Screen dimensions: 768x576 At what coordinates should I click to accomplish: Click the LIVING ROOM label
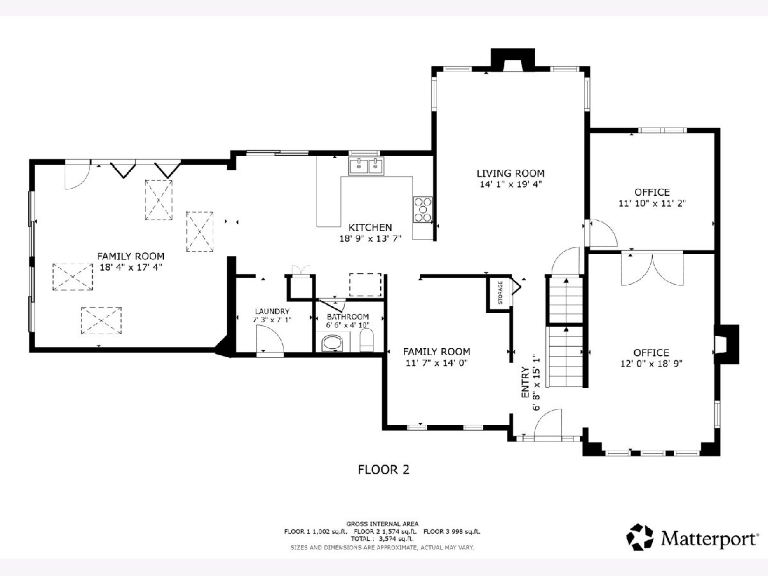511,173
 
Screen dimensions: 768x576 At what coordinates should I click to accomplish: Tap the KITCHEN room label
370,228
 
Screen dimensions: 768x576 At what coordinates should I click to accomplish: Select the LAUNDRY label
272,311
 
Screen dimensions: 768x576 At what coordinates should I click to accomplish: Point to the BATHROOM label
348,317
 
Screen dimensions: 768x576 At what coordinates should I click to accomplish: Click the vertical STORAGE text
500,292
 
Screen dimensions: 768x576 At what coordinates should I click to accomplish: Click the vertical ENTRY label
525,382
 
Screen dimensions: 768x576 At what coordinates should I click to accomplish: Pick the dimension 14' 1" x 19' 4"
511,184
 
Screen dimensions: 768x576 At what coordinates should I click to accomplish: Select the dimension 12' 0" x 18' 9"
652,364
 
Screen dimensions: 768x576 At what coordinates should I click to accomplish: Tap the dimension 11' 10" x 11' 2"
652,203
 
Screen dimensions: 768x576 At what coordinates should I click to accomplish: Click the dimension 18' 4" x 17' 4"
131,267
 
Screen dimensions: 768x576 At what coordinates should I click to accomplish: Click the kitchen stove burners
423,209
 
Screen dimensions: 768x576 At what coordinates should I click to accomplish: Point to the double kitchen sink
366,166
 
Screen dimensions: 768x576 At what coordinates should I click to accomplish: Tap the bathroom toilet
367,340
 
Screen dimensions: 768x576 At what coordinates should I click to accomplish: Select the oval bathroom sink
332,343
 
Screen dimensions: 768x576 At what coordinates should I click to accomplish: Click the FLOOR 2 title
383,469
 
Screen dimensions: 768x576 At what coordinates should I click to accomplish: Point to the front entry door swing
548,422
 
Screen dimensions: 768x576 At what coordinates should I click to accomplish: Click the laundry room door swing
270,338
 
